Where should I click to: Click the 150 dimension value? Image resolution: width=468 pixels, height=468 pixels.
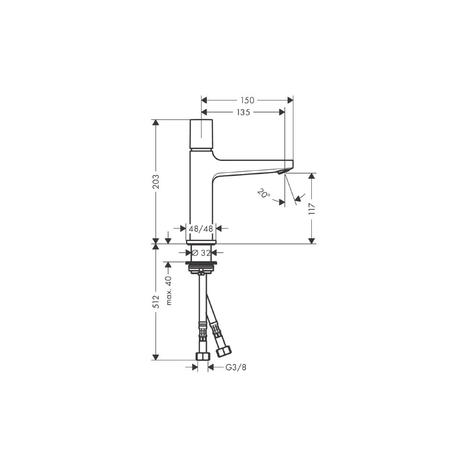pyautogui.click(x=248, y=100)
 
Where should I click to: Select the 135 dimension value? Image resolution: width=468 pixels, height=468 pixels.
pyautogui.click(x=243, y=112)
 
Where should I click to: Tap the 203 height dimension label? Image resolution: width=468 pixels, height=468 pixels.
pyautogui.click(x=156, y=182)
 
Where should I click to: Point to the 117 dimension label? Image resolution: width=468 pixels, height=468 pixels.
pyautogui.click(x=312, y=209)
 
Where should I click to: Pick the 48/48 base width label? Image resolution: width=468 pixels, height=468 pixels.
pyautogui.click(x=201, y=229)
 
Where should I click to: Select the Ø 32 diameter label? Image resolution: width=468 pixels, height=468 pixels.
pyautogui.click(x=201, y=253)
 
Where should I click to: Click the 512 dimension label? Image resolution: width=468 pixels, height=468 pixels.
pyautogui.click(x=156, y=302)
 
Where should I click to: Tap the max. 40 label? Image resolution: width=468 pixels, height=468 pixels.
pyautogui.click(x=169, y=291)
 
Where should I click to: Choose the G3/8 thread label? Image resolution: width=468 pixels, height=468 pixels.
pyautogui.click(x=236, y=367)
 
